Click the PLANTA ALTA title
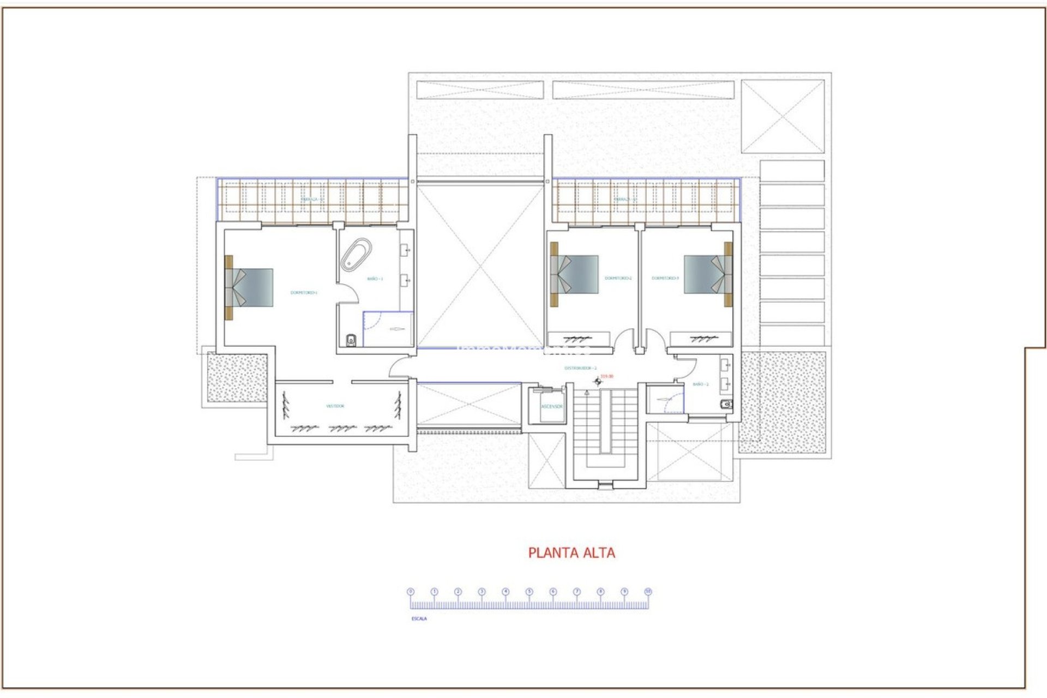571,552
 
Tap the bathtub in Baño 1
356,255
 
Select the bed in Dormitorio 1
249,287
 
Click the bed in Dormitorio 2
575,274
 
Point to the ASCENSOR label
551,406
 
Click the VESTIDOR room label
335,406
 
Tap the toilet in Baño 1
351,341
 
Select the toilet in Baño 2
726,404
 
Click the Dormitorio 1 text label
304,293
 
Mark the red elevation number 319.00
606,376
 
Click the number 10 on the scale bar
648,592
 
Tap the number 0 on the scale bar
411,592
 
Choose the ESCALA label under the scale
419,619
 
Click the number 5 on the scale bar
529,592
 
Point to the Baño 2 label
701,384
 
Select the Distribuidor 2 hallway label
580,368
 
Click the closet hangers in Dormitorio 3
700,339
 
